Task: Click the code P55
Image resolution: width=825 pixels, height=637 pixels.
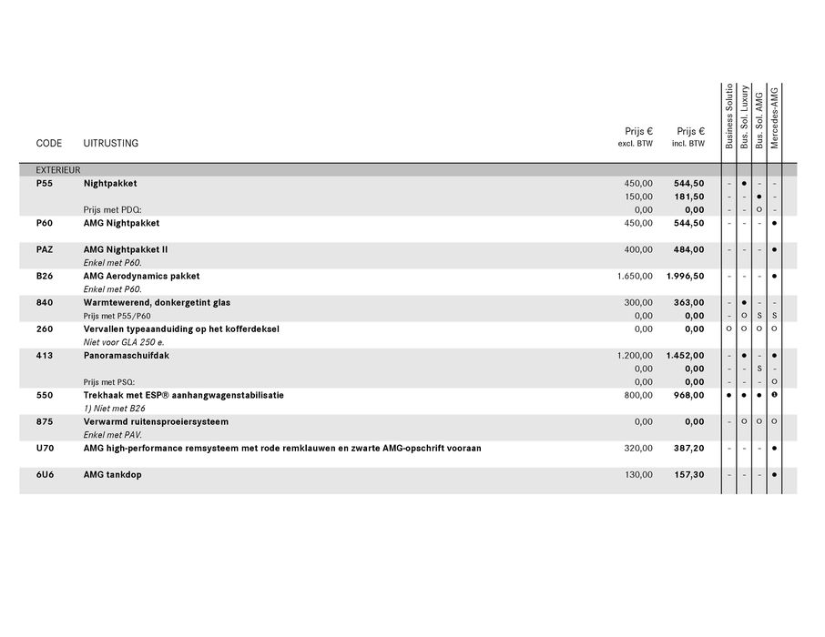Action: coord(45,183)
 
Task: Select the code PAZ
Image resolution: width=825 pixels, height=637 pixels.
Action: coord(46,249)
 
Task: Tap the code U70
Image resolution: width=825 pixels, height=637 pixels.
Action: coord(45,448)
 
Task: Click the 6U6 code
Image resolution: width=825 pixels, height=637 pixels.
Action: coord(45,475)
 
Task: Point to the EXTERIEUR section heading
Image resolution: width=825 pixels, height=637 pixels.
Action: coord(58,170)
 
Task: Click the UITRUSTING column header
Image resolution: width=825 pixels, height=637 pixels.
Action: coord(111,144)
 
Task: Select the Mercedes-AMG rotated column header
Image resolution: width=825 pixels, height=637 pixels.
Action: coord(775,118)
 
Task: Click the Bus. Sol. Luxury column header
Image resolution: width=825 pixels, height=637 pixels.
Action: coord(745,118)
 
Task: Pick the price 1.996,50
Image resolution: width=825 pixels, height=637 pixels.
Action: coord(685,276)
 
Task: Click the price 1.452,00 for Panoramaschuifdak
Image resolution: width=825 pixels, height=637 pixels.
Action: coord(685,356)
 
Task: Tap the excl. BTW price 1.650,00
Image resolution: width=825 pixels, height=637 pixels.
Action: coord(635,276)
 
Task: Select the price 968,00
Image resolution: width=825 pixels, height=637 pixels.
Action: coord(689,396)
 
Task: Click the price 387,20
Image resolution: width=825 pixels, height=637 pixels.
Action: coord(689,448)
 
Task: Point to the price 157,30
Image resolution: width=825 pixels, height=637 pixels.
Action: coord(689,475)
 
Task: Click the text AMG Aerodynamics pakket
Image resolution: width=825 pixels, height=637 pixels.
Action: coord(141,276)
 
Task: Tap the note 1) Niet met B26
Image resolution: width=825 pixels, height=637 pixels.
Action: coord(114,409)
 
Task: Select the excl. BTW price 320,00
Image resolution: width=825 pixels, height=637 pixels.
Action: coord(638,448)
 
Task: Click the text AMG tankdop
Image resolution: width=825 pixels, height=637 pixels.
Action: coord(113,475)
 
